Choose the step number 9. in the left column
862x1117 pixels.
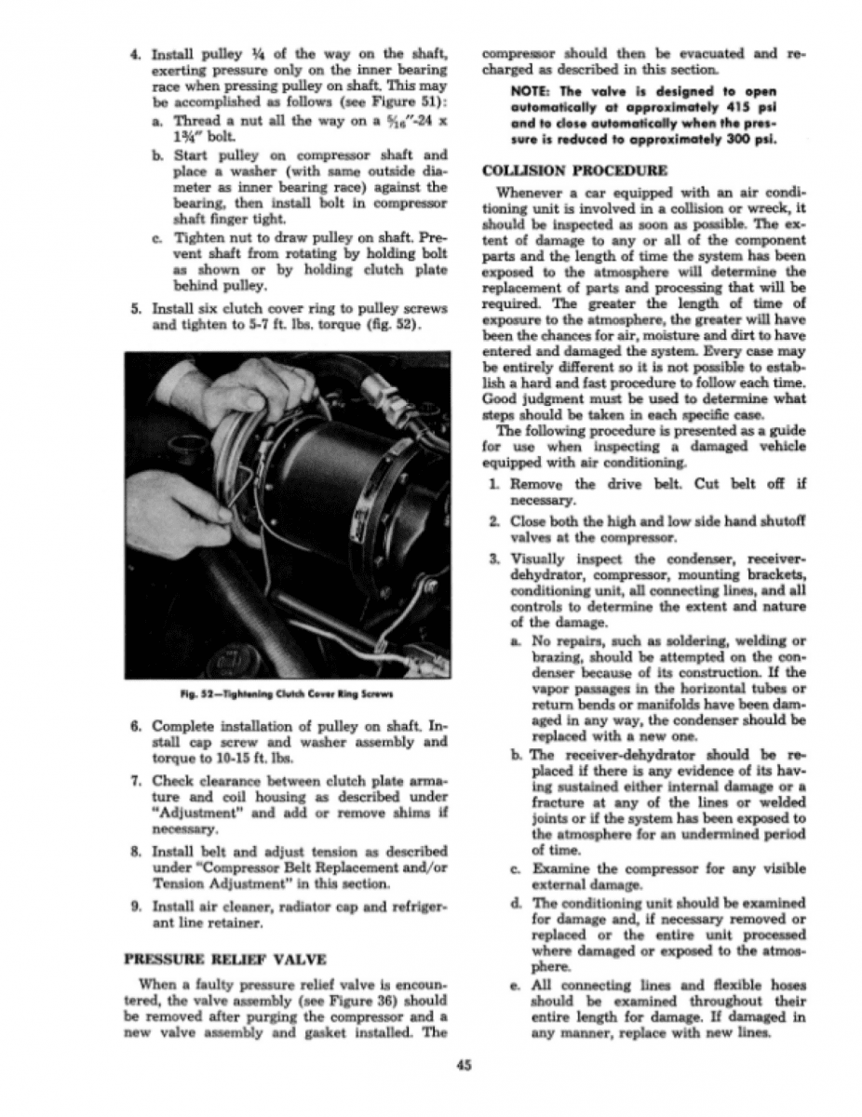pyautogui.click(x=133, y=908)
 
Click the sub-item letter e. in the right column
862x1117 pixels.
pyautogui.click(x=517, y=986)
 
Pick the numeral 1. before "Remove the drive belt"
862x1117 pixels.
pyautogui.click(x=494, y=485)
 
